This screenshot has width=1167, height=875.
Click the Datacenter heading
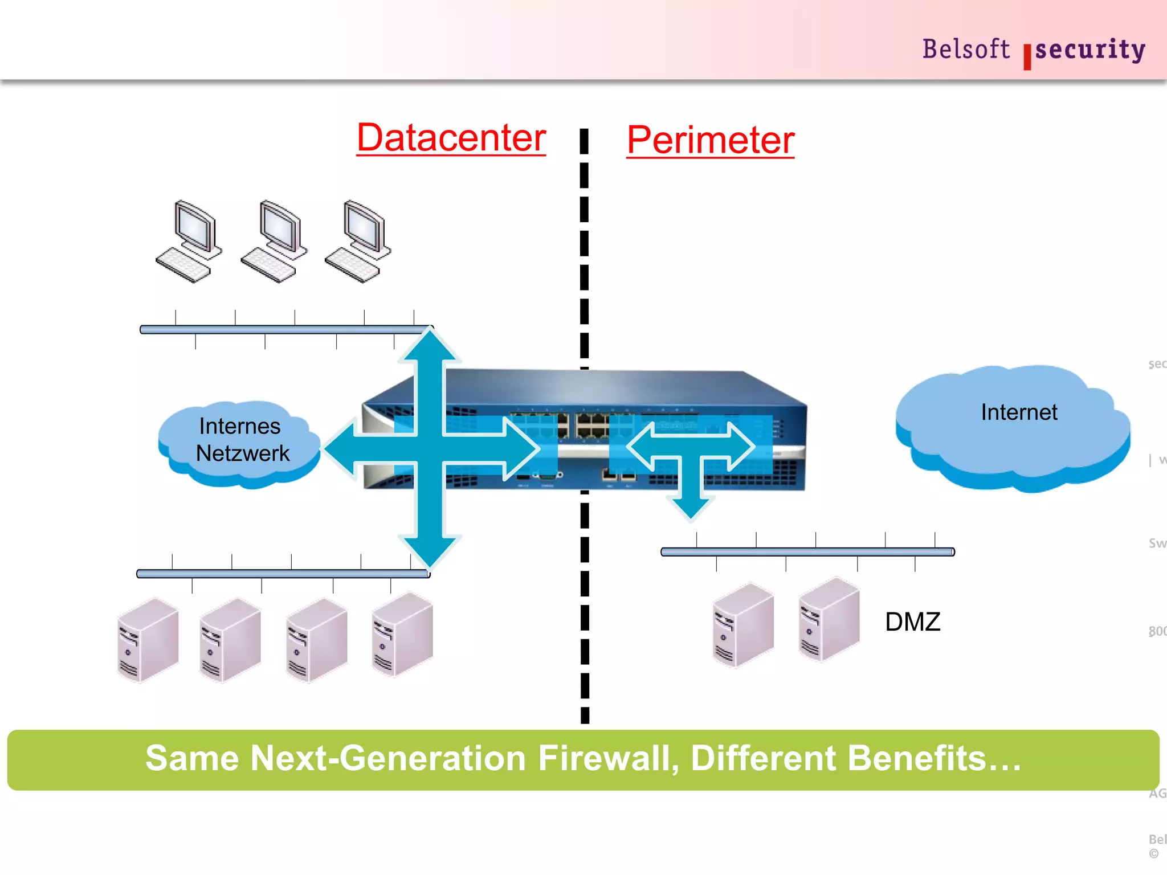pyautogui.click(x=451, y=138)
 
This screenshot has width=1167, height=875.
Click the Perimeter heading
pyautogui.click(x=710, y=140)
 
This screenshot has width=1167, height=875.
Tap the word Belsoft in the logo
pyautogui.click(x=965, y=49)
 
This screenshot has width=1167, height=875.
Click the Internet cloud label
pyautogui.click(x=1018, y=412)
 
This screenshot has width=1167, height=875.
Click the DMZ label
pyautogui.click(x=912, y=622)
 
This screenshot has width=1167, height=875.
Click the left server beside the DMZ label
pyautogui.click(x=742, y=625)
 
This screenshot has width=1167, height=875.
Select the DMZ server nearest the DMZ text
pyautogui.click(x=829, y=619)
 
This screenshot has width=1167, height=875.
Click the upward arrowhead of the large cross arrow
pyautogui.click(x=430, y=347)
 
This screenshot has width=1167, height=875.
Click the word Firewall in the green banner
pyautogui.click(x=609, y=759)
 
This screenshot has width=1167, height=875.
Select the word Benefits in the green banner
pyautogui.click(x=917, y=759)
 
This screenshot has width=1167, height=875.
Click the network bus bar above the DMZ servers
pyautogui.click(x=807, y=551)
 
